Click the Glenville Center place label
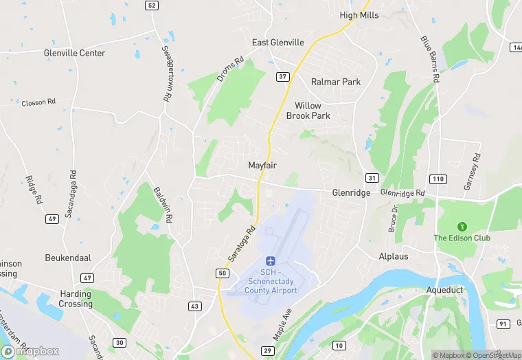74,53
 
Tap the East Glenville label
277,43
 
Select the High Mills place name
360,14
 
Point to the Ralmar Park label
335,82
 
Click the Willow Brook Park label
313,111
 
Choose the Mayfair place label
262,166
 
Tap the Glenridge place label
351,193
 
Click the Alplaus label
394,256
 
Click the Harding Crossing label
76,300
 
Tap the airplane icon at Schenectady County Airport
271,261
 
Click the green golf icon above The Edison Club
462,225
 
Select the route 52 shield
151,5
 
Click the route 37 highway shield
282,76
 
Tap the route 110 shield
438,179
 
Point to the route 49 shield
52,219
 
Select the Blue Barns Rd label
430,58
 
